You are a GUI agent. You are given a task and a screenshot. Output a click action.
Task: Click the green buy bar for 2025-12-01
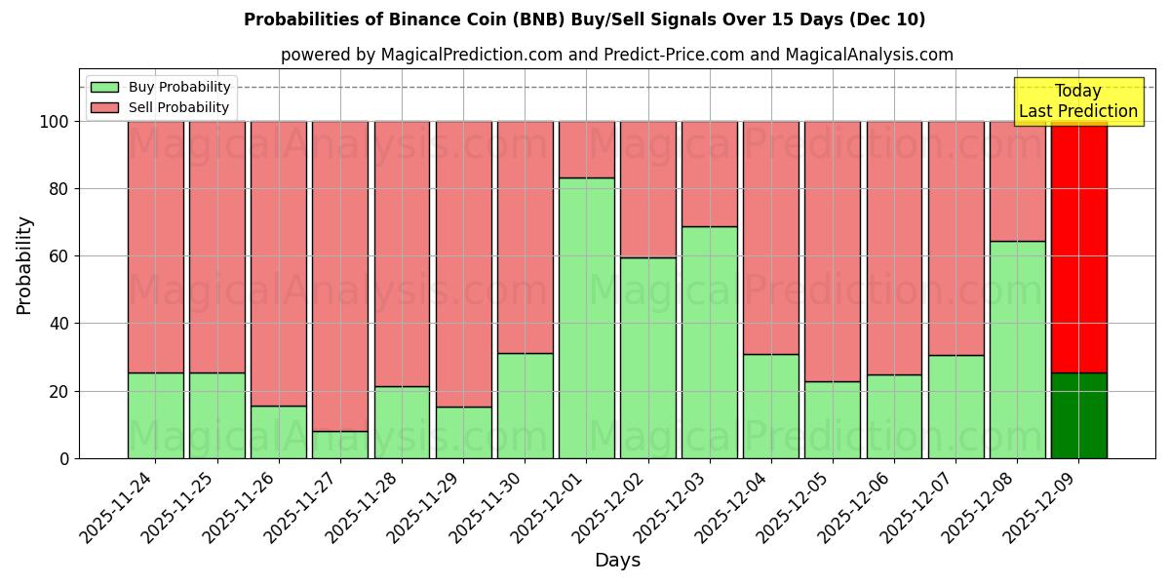click(586, 318)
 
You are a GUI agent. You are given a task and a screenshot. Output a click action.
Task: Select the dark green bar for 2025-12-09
click(1078, 415)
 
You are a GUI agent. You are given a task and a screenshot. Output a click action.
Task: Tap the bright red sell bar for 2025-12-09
click(1078, 247)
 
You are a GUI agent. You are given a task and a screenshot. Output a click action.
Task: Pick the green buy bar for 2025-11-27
click(340, 445)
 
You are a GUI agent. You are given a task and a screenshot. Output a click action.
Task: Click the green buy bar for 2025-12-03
click(709, 342)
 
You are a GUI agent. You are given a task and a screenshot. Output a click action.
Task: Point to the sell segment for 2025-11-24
click(156, 247)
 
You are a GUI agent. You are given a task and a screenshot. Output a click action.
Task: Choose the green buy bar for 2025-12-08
click(1017, 349)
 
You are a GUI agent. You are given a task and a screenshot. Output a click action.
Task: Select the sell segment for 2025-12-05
click(833, 251)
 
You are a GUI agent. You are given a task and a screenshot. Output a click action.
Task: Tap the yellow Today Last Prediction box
click(1077, 101)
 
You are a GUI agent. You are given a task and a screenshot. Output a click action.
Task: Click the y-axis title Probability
click(24, 265)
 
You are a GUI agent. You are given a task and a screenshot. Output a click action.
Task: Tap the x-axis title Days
click(617, 561)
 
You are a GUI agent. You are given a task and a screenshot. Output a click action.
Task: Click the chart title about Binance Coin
click(584, 19)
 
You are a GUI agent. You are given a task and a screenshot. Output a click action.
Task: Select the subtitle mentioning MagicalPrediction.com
click(616, 55)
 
